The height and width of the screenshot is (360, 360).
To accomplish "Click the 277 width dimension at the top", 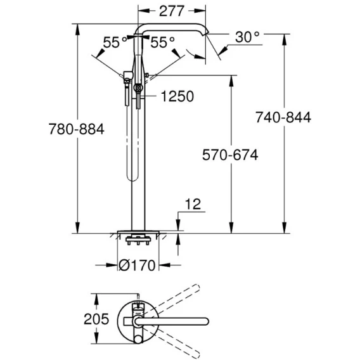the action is coord(172,11).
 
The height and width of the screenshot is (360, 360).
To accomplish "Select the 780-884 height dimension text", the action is coord(77,129).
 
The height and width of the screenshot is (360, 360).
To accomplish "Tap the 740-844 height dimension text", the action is coord(283,117).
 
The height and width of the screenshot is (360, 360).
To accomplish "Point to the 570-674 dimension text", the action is coord(230,155).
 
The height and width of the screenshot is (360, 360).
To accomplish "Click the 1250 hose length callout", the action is coord(177,96).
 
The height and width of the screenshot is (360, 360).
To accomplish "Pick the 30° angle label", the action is coord(247,37).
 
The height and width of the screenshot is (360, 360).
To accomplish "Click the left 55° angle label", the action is coord(115,42).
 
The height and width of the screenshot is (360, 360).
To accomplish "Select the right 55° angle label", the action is coord(162,42).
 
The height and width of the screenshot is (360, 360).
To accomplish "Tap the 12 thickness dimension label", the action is coord(193,204).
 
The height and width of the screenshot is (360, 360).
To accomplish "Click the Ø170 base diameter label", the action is coord(137,266).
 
